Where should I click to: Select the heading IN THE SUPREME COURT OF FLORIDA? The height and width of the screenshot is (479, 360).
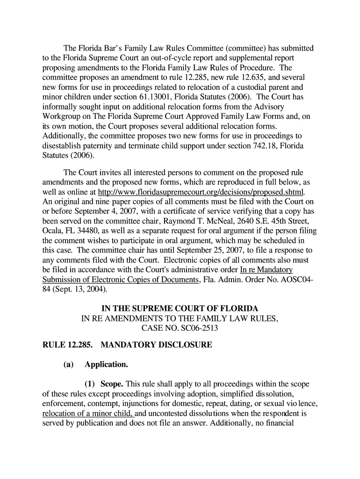[x=180, y=309]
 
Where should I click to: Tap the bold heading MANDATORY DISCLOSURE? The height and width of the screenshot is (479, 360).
[x=156, y=346]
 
